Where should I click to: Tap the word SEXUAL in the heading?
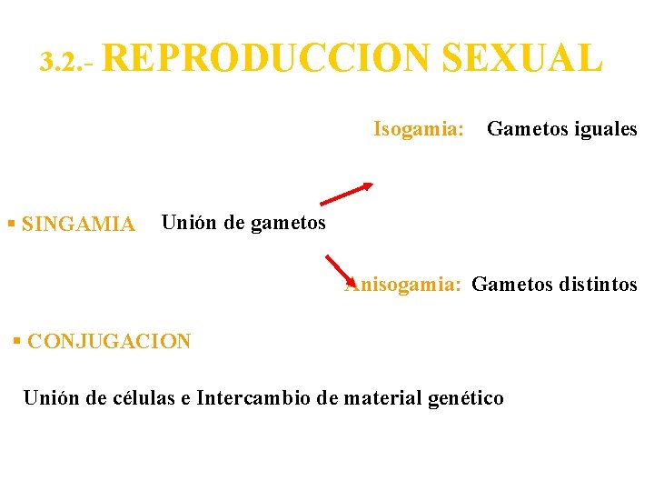(x=522, y=58)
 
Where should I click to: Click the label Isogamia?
(x=419, y=129)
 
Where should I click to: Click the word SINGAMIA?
(x=78, y=224)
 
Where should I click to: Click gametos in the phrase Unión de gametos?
(x=291, y=222)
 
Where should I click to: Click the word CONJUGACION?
(x=109, y=342)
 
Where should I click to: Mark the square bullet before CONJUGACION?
(x=17, y=341)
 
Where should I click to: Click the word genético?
(x=465, y=398)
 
